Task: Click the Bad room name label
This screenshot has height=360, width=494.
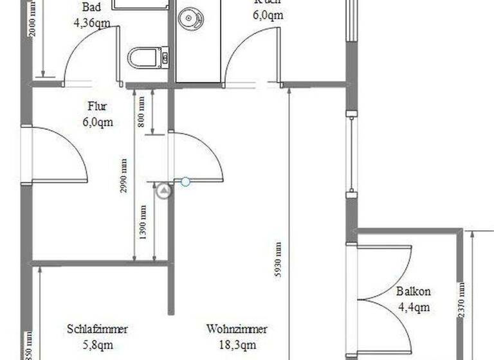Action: pos(91,7)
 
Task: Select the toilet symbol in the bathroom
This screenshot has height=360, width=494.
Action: pos(147,59)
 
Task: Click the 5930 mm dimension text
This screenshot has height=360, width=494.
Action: pos(278,258)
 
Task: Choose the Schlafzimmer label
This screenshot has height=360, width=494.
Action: pos(97,329)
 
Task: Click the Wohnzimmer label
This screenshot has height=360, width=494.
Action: pos(237,329)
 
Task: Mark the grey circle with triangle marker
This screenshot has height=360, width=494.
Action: pos(165,190)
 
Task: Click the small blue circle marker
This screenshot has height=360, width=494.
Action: pos(185,182)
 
